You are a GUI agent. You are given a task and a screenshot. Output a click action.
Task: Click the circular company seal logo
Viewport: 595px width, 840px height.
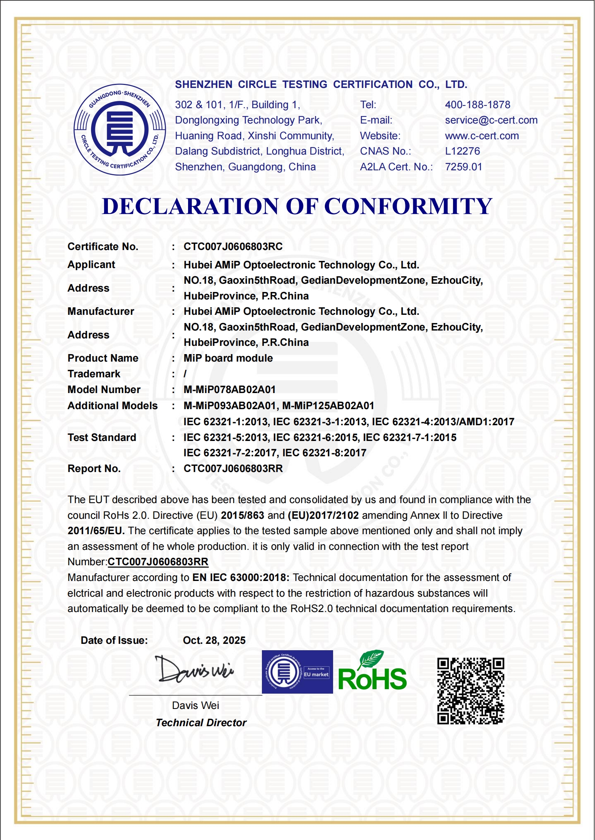coord(120,130)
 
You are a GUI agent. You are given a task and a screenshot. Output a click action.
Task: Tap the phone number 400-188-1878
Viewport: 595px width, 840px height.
coord(477,105)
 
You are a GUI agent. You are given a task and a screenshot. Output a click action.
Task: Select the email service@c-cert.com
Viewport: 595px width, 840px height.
coord(491,120)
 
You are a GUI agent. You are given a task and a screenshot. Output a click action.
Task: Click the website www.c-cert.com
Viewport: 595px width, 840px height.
coord(481,136)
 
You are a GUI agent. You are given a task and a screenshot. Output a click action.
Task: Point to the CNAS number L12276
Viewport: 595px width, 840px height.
coord(462,151)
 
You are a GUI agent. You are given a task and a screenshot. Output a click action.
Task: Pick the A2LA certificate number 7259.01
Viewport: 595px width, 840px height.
coord(463,167)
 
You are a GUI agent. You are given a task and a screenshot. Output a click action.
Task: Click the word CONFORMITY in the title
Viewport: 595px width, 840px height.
coord(408,206)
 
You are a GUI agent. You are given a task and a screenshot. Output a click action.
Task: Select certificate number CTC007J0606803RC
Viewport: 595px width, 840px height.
coord(233,247)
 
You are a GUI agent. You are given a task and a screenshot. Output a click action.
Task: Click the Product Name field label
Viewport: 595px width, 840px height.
coord(103,358)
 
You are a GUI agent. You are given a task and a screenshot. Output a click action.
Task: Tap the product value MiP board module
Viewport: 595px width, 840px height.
coord(228,358)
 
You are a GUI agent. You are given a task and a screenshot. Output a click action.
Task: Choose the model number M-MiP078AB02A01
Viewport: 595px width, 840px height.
coord(229,390)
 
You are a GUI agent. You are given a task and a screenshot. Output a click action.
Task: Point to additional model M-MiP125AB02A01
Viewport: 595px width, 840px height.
coord(328,406)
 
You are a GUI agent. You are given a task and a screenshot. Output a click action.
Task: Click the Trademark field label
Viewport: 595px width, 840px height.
coord(94,374)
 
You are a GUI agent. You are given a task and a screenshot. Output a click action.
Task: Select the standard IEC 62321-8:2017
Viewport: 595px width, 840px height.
coord(324,453)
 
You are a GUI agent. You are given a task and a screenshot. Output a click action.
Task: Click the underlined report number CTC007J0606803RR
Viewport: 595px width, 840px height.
coord(158,562)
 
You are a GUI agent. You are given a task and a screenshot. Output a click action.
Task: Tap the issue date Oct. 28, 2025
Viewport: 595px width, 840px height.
coord(214,640)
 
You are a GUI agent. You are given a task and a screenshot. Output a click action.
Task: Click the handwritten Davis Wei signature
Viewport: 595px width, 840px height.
coord(194,670)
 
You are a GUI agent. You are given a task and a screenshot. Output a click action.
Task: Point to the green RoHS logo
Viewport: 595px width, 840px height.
coord(372,673)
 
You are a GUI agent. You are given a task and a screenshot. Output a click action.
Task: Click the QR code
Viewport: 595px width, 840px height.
coord(470,691)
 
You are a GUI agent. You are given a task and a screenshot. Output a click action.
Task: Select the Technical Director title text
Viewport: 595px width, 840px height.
coord(201,723)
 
